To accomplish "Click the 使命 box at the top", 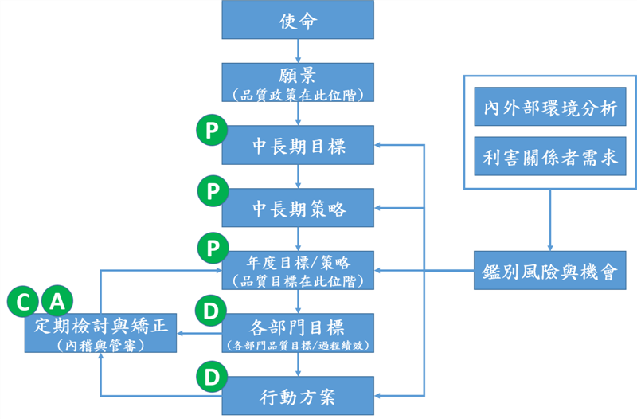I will pos(298,20).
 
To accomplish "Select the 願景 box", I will pos(298,83).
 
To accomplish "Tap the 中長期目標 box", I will pos(298,146).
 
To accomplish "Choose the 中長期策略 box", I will pos(298,209).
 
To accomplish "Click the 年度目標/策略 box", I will pos(298,271).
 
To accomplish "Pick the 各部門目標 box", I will pos(298,333).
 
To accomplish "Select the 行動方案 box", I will pos(298,395).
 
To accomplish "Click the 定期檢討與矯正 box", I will pos(100,334).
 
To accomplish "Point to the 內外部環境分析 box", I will pos(549,108).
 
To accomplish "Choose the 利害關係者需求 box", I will pos(549,158).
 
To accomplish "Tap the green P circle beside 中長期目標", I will pos(212,131).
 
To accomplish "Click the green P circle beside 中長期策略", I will pos(212,192).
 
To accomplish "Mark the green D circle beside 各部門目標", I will pos(212,312).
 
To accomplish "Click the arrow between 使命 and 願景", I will pos(298,51).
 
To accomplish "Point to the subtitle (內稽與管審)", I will pos(100,345).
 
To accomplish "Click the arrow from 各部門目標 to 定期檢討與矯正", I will pos(199,334).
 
